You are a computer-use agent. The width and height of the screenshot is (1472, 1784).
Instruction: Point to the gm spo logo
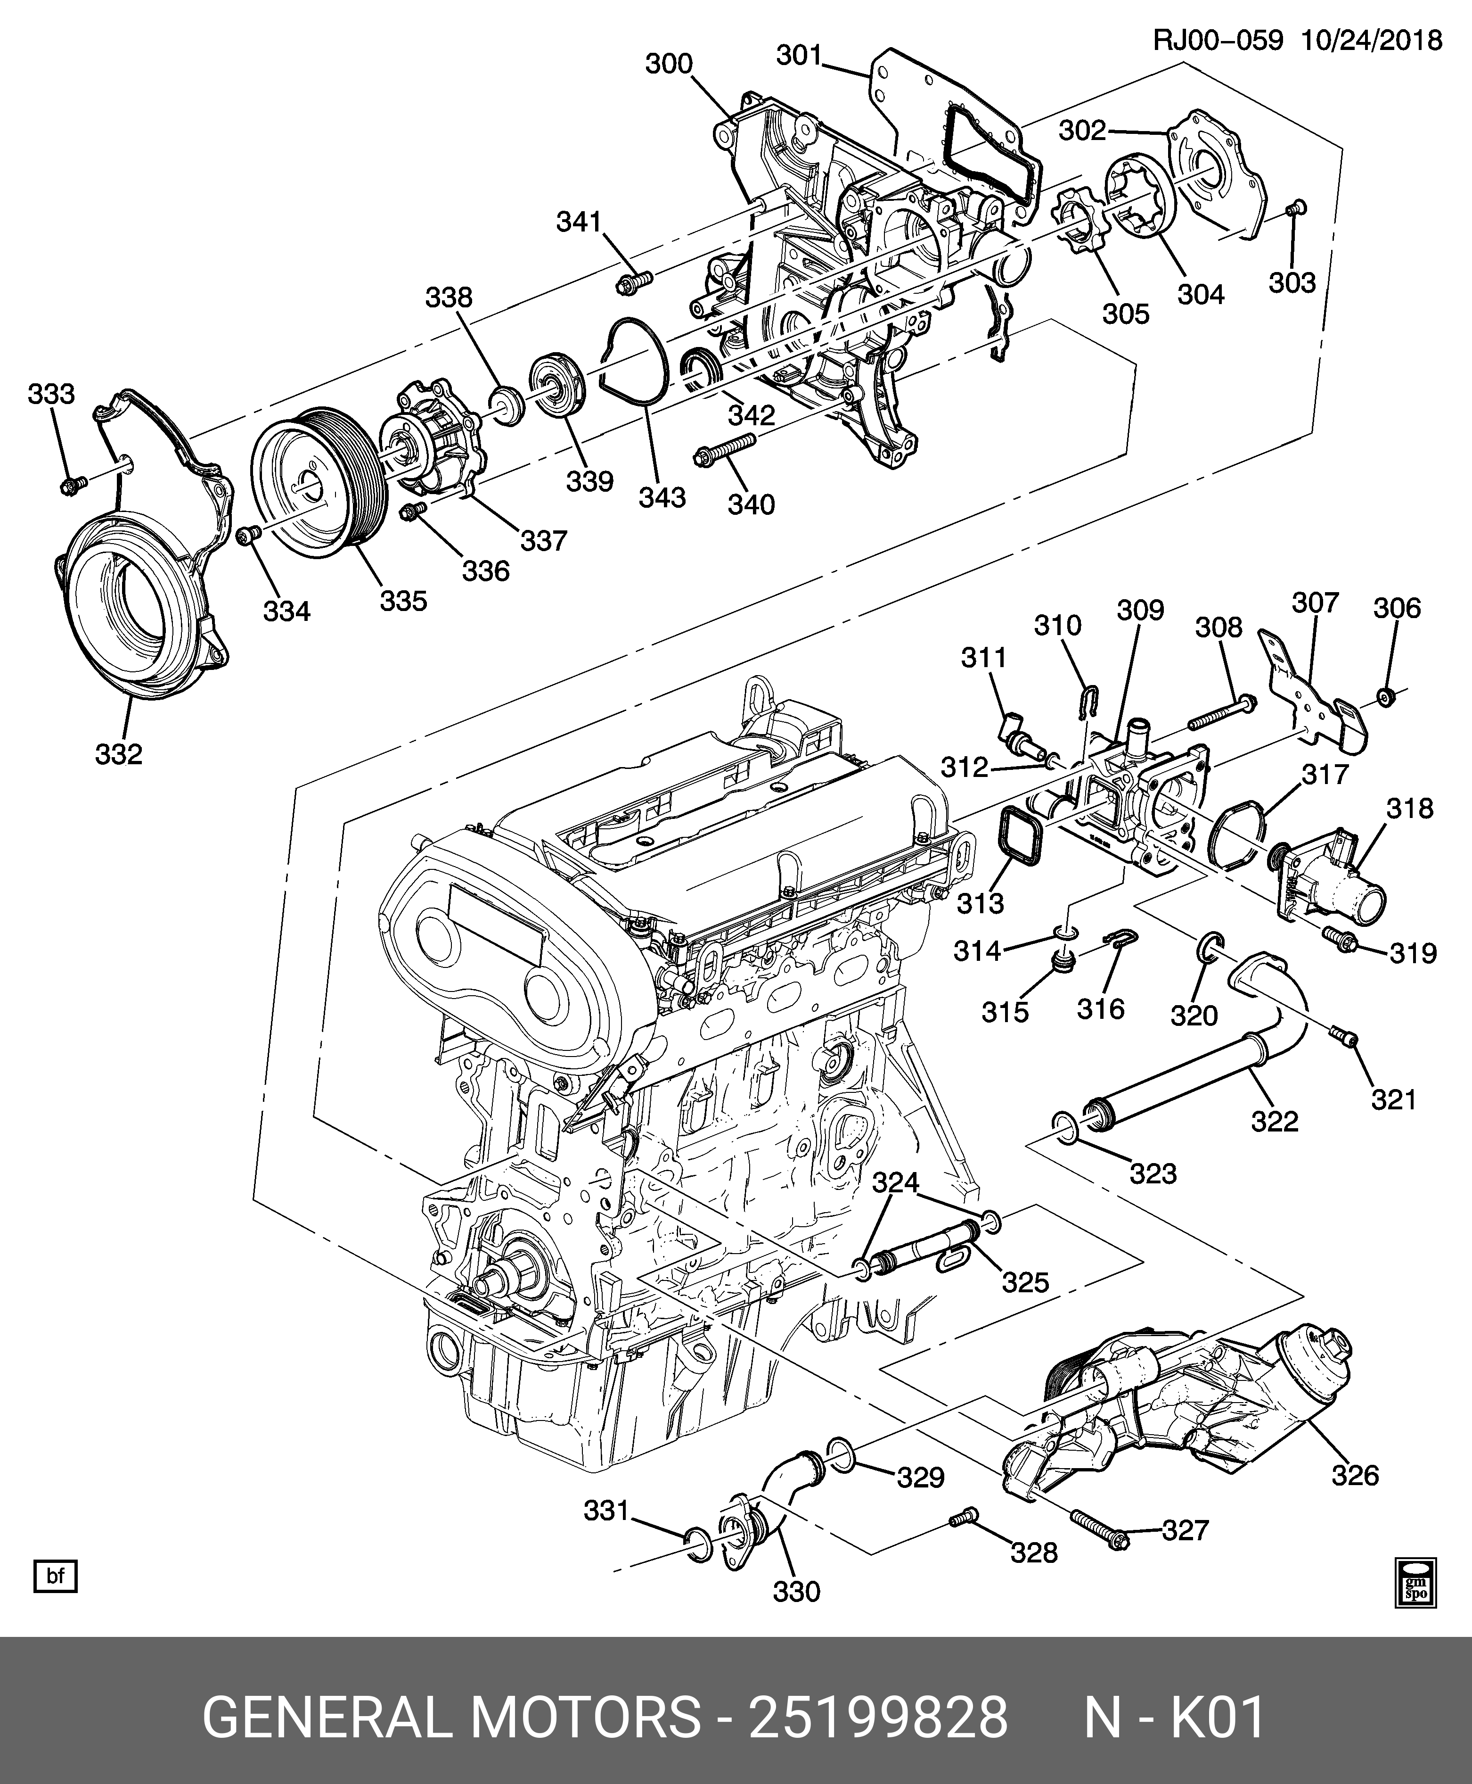coord(1416,1583)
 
